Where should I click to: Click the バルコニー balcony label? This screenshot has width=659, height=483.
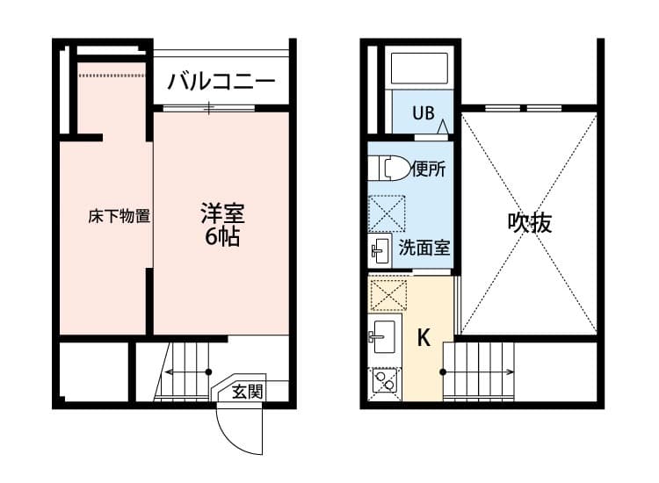pyautogui.click(x=221, y=82)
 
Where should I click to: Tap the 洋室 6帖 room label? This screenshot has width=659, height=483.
pyautogui.click(x=222, y=224)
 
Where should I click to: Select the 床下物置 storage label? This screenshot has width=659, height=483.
pyautogui.click(x=119, y=216)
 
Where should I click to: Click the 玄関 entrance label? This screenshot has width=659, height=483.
pyautogui.click(x=247, y=392)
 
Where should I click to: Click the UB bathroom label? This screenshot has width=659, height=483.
pyautogui.click(x=424, y=112)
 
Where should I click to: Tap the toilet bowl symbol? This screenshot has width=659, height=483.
pyautogui.click(x=389, y=168)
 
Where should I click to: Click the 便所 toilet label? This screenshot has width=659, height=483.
pyautogui.click(x=428, y=169)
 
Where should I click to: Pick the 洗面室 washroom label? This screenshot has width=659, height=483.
pyautogui.click(x=424, y=247)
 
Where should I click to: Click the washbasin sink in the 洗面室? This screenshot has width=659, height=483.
pyautogui.click(x=380, y=250)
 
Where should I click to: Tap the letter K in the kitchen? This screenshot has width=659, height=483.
pyautogui.click(x=424, y=338)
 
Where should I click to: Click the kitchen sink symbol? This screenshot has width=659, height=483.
pyautogui.click(x=384, y=335)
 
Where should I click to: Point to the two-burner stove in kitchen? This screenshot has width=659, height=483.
pyautogui.click(x=383, y=381)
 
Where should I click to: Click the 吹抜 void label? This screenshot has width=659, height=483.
pyautogui.click(x=530, y=223)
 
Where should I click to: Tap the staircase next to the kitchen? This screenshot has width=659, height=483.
pyautogui.click(x=479, y=371)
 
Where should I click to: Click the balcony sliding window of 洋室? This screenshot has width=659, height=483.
pyautogui.click(x=209, y=108)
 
